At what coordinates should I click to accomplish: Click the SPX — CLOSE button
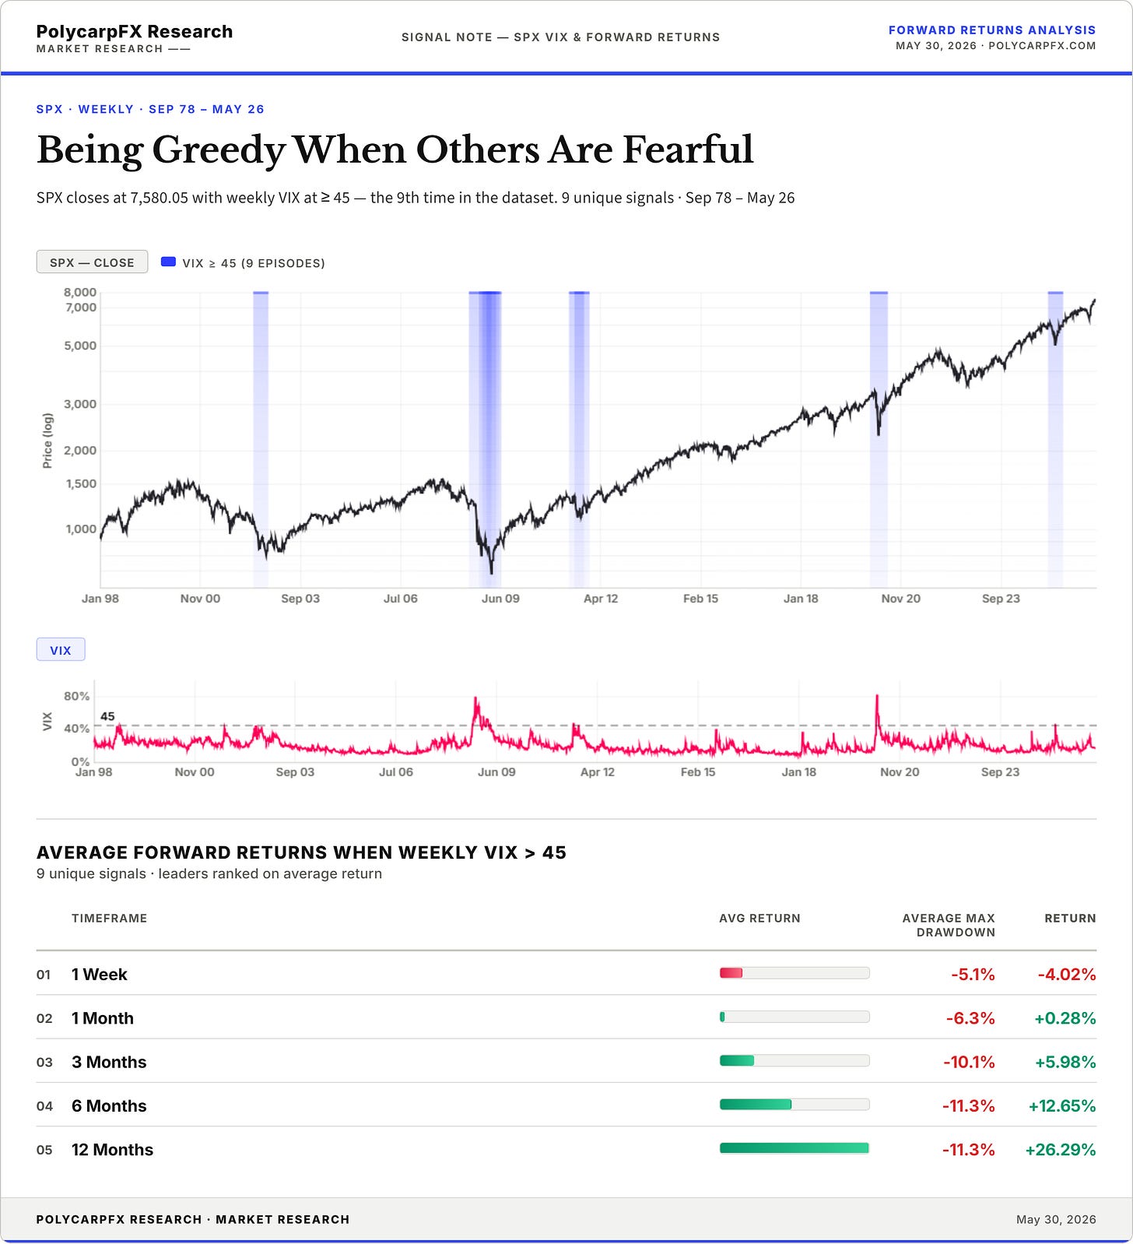[x=92, y=262]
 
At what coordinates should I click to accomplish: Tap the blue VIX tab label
[x=61, y=650]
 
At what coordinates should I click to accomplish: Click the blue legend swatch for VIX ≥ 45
[x=168, y=262]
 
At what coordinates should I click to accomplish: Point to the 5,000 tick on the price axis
[x=80, y=346]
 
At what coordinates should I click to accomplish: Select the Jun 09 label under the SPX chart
[x=500, y=599]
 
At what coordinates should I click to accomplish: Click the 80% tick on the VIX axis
[x=76, y=696]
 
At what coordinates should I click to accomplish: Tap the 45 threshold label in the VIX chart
[x=107, y=716]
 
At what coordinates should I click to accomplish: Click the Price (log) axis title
[x=47, y=441]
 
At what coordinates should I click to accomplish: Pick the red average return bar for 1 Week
[x=731, y=973]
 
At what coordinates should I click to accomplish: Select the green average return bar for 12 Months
[x=795, y=1148]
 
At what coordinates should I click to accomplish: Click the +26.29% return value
[x=1061, y=1150]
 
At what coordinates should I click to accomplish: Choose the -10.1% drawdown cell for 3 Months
[x=969, y=1062]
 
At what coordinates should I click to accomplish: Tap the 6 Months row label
[x=109, y=1106]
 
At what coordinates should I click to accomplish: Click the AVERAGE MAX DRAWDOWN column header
[x=949, y=926]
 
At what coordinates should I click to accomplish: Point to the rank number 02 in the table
[x=44, y=1019]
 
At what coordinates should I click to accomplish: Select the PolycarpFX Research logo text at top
[x=135, y=32]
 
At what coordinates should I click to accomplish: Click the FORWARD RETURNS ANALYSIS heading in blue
[x=992, y=30]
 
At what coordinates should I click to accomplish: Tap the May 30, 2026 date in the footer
[x=1056, y=1220]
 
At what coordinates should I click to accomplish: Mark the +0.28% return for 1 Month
[x=1065, y=1018]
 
